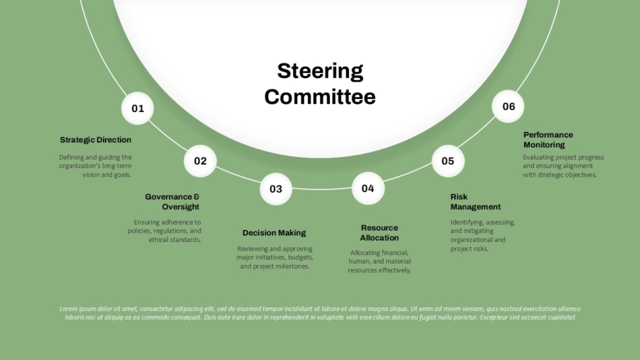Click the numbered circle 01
click(137, 109)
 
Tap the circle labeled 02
click(200, 161)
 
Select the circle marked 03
click(276, 189)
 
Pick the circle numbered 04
click(368, 188)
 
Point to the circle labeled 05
click(448, 161)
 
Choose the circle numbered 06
click(508, 107)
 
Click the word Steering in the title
click(320, 71)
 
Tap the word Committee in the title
click(320, 97)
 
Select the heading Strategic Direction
click(96, 140)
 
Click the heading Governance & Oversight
click(172, 202)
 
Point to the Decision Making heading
click(274, 233)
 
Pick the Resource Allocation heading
click(379, 233)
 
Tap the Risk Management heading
click(475, 202)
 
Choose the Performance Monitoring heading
click(548, 140)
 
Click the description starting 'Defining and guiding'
click(95, 166)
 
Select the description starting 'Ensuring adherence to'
click(164, 231)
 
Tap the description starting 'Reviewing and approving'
click(275, 258)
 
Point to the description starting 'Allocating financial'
click(379, 262)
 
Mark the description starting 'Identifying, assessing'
click(482, 235)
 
